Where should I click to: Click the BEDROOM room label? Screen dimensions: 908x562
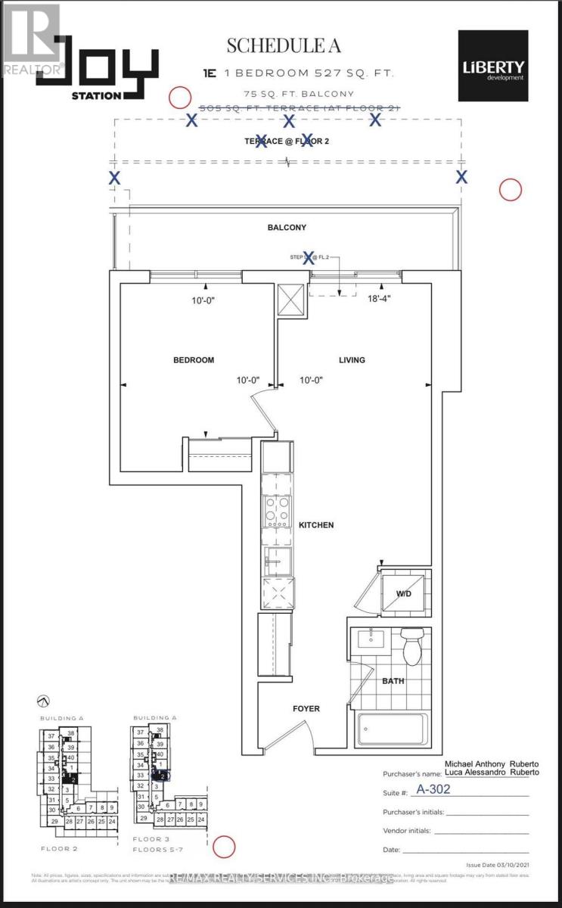194,360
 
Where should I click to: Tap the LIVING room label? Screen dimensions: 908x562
352,360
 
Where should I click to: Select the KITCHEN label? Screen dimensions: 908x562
315,524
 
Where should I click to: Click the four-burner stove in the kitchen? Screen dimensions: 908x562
277,512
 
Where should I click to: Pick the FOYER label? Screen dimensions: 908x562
306,709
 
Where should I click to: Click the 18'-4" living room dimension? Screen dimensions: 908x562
380,299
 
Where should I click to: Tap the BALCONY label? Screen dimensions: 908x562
286,227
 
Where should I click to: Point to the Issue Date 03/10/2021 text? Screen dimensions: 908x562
501,864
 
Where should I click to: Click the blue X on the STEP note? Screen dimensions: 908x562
308,258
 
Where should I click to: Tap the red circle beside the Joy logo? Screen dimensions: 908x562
180,97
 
